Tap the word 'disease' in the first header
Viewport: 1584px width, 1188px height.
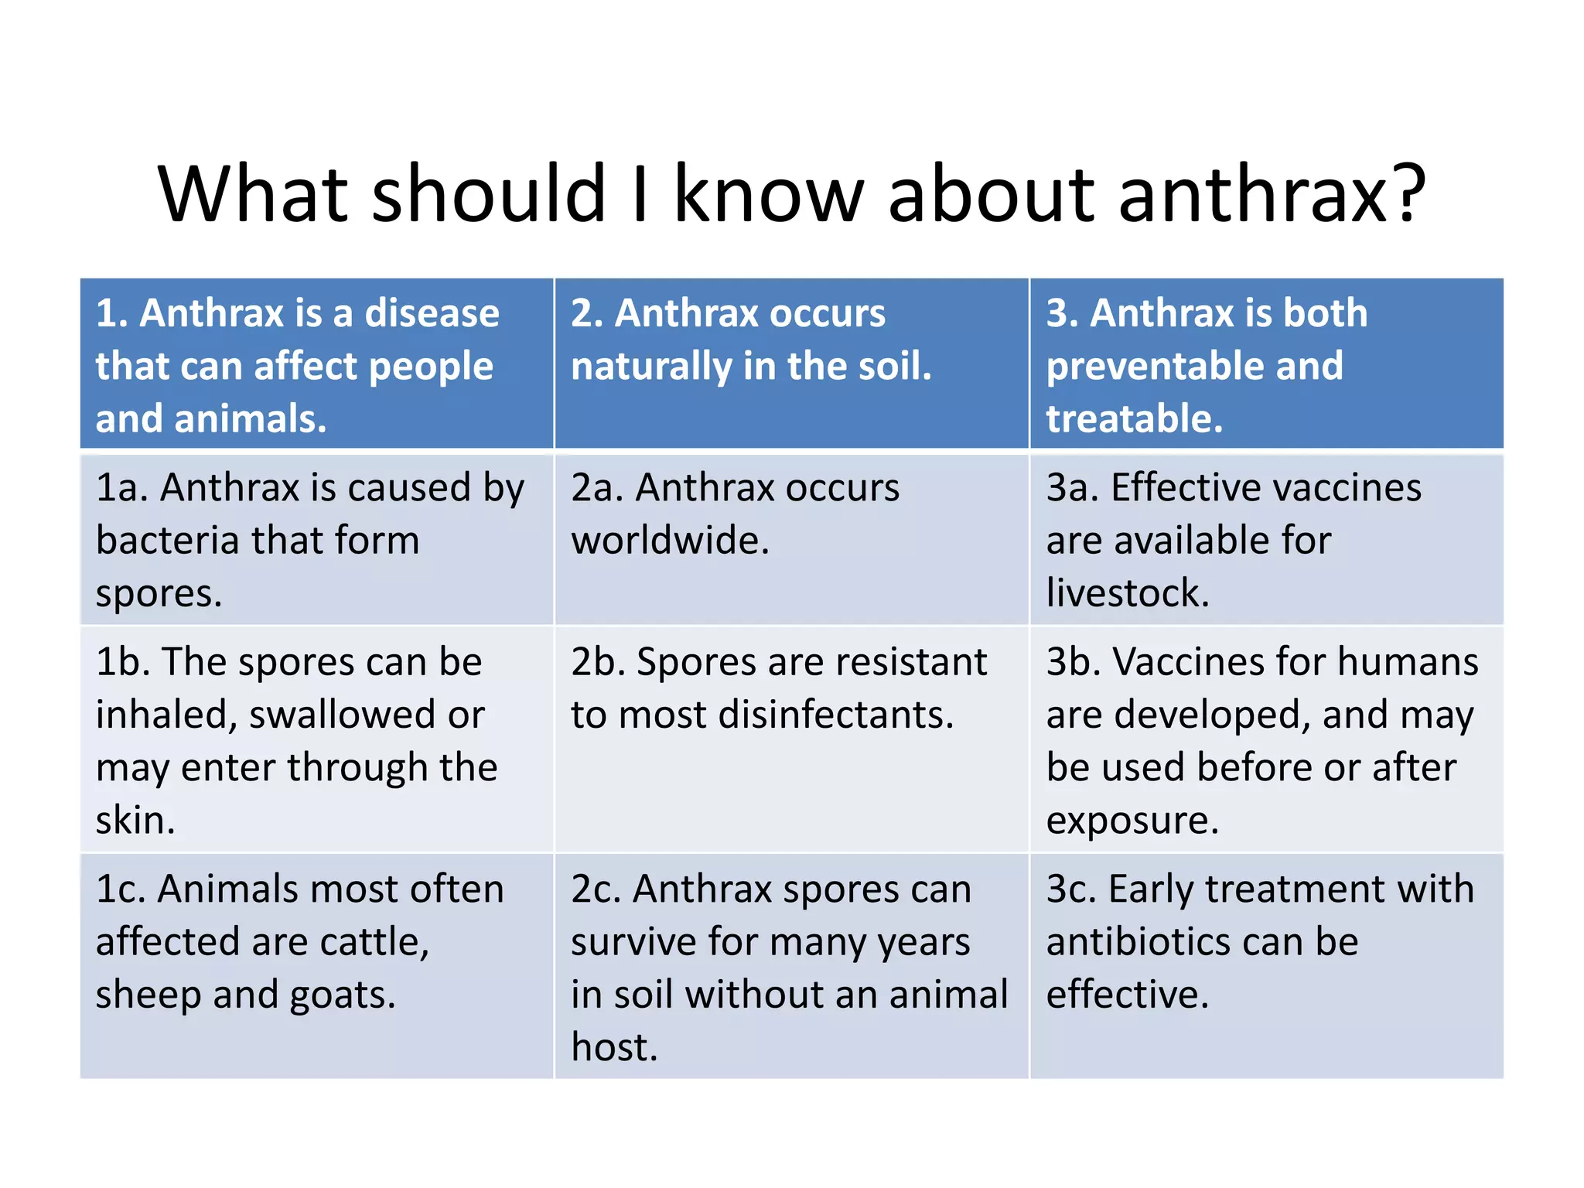tap(432, 313)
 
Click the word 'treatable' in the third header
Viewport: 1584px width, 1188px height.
tap(1130, 418)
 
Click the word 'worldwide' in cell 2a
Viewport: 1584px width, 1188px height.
tap(666, 540)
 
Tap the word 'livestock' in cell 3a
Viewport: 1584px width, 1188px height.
tap(1123, 593)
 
